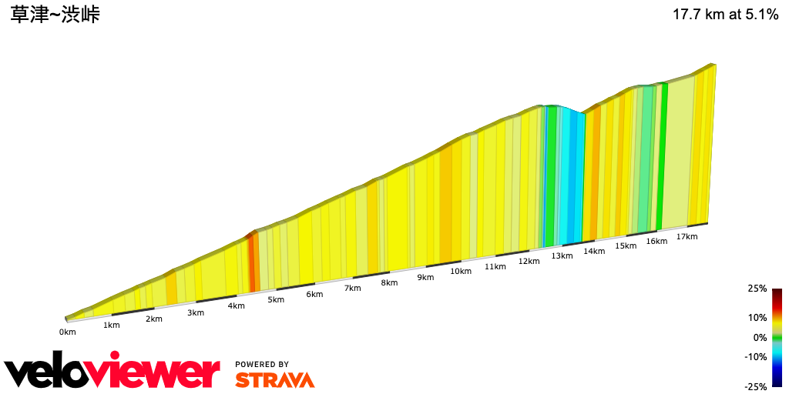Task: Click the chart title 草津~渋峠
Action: (x=55, y=15)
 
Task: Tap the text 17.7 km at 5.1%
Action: (x=725, y=15)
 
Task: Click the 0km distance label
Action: (x=68, y=332)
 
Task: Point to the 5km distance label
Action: (x=276, y=299)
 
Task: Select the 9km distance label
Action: (x=425, y=277)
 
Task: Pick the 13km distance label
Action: (x=562, y=255)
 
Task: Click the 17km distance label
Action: (x=687, y=236)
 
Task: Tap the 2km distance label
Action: (x=154, y=319)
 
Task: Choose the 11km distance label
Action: (x=495, y=266)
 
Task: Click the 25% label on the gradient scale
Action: (x=757, y=289)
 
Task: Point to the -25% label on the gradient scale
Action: (x=756, y=386)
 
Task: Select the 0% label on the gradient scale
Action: (x=760, y=337)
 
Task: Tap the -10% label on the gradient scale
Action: (x=756, y=356)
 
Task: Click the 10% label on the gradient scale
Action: (x=757, y=317)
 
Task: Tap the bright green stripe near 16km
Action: (x=663, y=154)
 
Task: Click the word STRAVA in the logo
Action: (x=274, y=379)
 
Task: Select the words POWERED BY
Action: (x=262, y=364)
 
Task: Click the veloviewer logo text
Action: (x=112, y=372)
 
